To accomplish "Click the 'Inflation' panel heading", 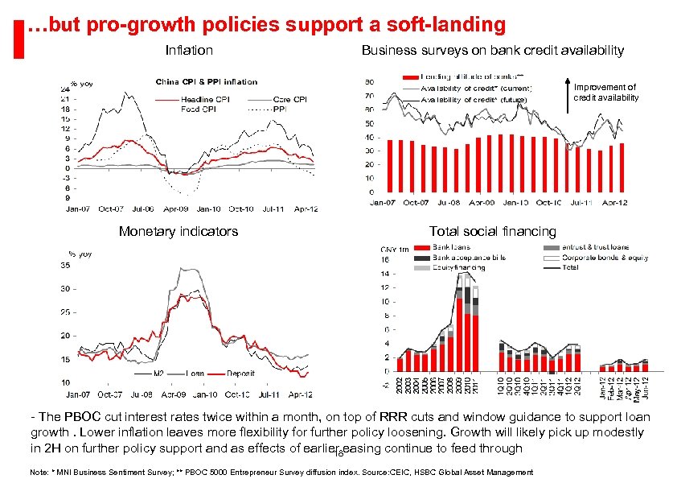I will (189, 51).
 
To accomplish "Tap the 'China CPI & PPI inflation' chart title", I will (206, 81).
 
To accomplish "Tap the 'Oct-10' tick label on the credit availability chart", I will (548, 202).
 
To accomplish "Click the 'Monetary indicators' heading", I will (178, 232).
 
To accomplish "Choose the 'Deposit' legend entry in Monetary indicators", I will (240, 374).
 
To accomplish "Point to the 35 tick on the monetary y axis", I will (64, 266).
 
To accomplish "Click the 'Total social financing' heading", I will (492, 232).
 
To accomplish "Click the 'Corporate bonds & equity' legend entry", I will (596, 258).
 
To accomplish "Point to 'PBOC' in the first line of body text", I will (72, 417).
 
